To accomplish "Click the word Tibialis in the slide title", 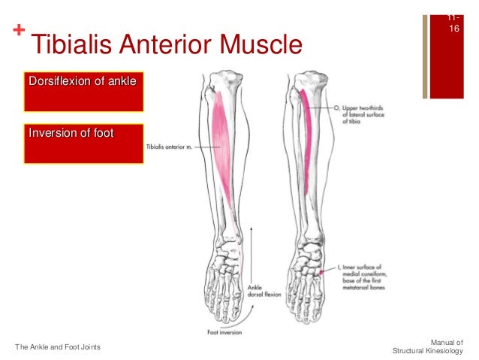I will click(x=64, y=47).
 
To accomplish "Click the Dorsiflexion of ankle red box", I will click(x=83, y=89).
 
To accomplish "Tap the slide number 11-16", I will click(x=453, y=23).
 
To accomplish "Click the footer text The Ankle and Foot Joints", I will click(x=59, y=346).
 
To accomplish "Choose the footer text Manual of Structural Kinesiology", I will click(x=429, y=346).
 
